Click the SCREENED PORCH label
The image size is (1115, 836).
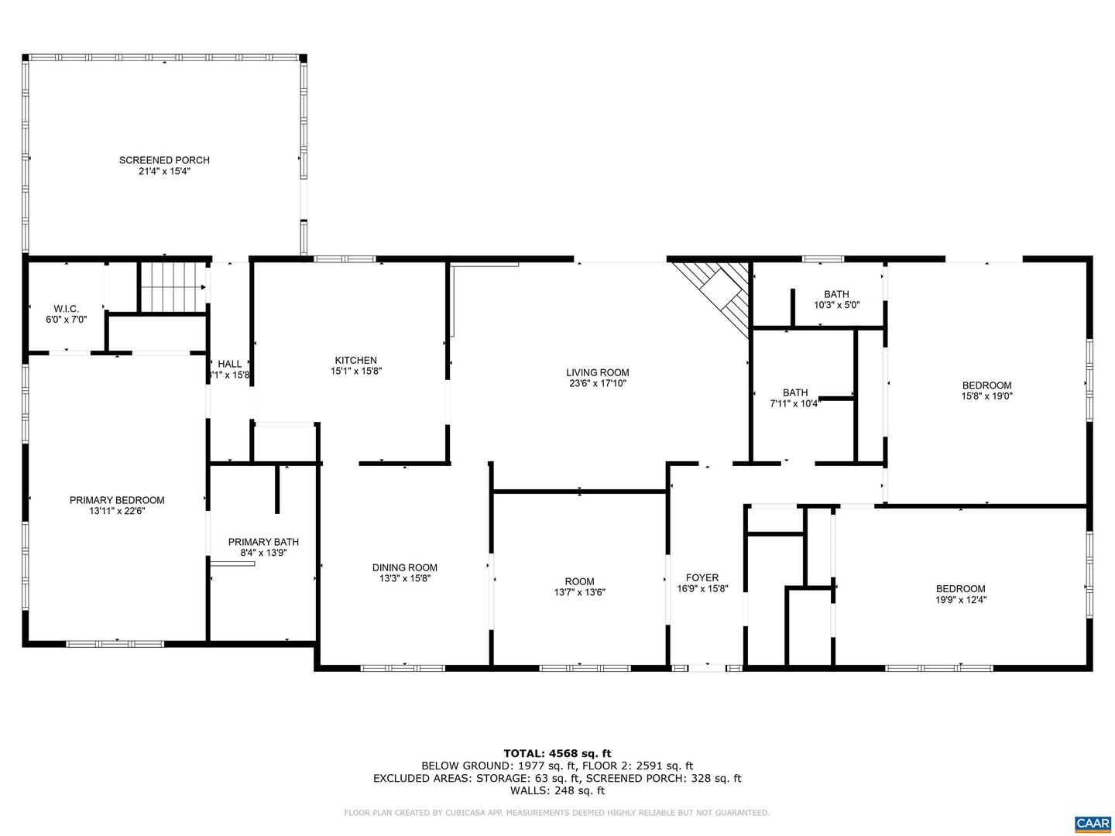pos(164,160)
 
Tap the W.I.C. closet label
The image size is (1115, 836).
pos(66,309)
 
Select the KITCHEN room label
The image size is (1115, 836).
pos(355,360)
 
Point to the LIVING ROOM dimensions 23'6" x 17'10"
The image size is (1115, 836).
pos(597,382)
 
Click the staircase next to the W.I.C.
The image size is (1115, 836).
pos(172,287)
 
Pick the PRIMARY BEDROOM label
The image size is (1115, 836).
pos(117,500)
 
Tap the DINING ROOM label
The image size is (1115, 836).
pos(405,567)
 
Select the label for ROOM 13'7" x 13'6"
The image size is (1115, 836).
pos(579,581)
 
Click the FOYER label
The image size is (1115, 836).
pos(702,577)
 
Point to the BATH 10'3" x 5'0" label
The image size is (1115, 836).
pos(836,294)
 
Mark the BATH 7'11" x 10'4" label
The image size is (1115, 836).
pos(794,392)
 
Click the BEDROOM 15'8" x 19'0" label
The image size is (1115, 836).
pos(986,385)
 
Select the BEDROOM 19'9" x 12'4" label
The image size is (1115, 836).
pos(960,588)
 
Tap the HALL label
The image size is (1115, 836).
pos(229,364)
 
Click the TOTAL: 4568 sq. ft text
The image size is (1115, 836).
pos(557,752)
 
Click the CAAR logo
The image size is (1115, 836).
pos(1092,823)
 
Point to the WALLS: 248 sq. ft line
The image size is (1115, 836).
pos(557,790)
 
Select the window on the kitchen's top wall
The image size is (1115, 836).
pos(345,259)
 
